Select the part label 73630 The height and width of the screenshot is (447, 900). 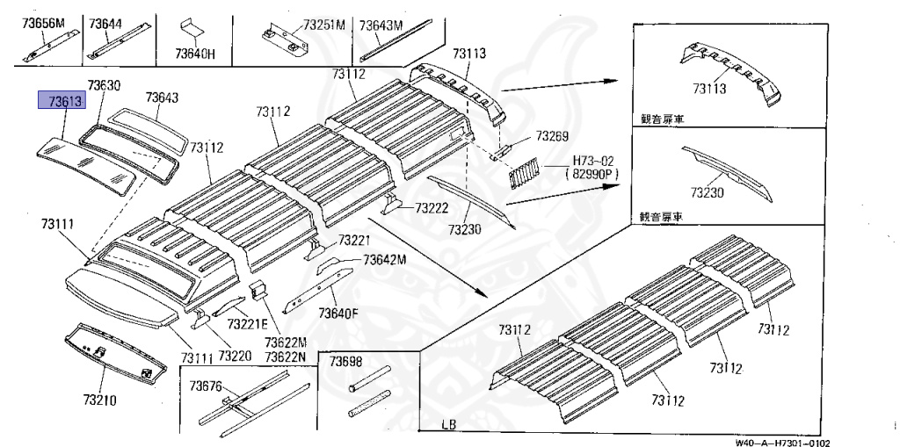104,85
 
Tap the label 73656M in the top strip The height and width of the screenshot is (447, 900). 44,23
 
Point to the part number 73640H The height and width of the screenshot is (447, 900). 195,54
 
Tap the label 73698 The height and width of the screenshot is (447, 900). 346,361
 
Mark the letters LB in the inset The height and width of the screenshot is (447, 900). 449,426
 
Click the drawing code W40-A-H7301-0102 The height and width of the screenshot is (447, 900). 783,443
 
